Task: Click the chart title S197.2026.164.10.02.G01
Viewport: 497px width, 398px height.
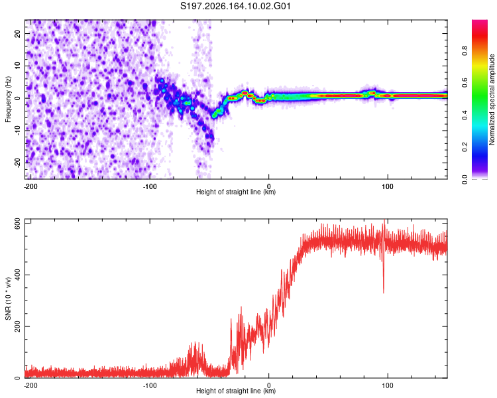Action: (235, 6)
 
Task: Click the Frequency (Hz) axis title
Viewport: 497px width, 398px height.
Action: (8, 99)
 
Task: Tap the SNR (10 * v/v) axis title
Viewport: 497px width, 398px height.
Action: (8, 298)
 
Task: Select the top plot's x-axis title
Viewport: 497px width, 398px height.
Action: (236, 192)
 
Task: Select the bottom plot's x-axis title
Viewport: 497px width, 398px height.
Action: (236, 391)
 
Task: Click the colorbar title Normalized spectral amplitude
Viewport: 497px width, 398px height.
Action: (492, 99)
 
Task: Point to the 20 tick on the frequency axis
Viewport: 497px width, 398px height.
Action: (17, 33)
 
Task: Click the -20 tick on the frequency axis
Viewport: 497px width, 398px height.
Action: (17, 163)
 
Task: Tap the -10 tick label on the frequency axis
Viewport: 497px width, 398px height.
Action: (17, 131)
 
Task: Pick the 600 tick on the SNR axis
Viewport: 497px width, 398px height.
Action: (17, 224)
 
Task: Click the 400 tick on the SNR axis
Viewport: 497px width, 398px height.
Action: (17, 275)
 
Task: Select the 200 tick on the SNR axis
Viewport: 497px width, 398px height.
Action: (17, 326)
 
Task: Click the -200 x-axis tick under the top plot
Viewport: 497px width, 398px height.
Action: (30, 186)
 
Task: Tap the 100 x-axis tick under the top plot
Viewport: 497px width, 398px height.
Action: (388, 186)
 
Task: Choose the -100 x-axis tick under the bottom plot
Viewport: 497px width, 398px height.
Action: (150, 385)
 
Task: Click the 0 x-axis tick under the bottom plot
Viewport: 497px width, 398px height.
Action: (269, 385)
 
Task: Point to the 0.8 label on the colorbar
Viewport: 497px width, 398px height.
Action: (465, 51)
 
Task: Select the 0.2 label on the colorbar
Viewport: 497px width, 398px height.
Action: (465, 147)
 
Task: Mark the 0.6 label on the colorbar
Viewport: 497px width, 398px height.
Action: (465, 83)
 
